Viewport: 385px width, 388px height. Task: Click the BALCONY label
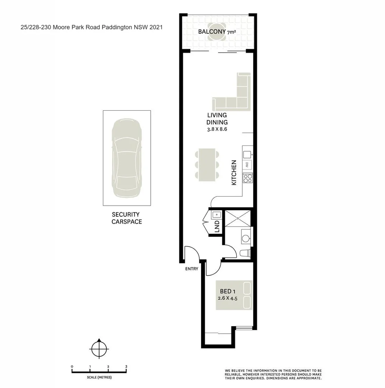pyautogui.click(x=212, y=32)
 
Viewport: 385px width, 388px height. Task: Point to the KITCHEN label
pyautogui.click(x=234, y=172)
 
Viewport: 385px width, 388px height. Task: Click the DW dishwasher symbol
pyautogui.click(x=247, y=165)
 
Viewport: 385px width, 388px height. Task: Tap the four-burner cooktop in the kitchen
pyautogui.click(x=248, y=177)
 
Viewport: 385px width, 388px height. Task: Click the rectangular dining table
pyautogui.click(x=207, y=164)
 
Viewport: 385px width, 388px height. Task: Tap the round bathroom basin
pyautogui.click(x=245, y=238)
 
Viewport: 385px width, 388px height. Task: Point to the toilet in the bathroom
pyautogui.click(x=245, y=253)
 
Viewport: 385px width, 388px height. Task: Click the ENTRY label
pyautogui.click(x=191, y=269)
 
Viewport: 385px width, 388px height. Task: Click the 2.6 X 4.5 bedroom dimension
pyautogui.click(x=228, y=298)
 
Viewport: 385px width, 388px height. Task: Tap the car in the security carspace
pyautogui.click(x=127, y=158)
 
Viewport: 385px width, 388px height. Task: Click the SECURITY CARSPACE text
pyautogui.click(x=126, y=218)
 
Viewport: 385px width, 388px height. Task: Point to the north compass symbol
pyautogui.click(x=99, y=348)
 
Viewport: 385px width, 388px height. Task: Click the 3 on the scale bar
pyautogui.click(x=126, y=366)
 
